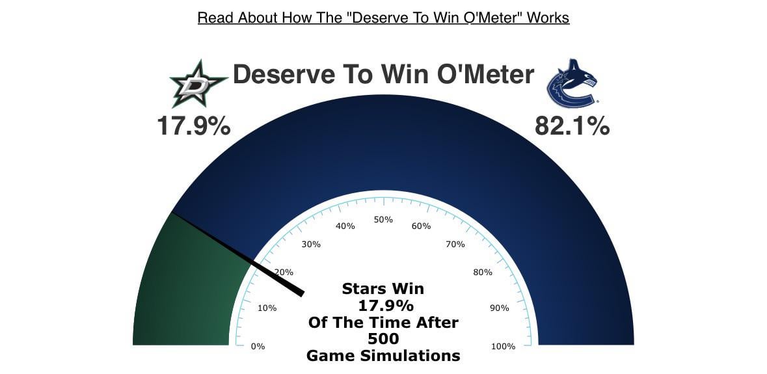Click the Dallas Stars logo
(198, 84)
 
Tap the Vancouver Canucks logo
(572, 84)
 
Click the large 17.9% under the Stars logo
(194, 126)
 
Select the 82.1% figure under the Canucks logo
(572, 126)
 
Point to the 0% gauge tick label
(258, 346)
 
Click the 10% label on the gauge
(267, 308)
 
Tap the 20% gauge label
(284, 272)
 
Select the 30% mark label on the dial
(311, 244)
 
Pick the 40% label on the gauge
(345, 226)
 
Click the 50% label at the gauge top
(383, 219)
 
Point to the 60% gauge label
(422, 226)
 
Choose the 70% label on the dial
(455, 244)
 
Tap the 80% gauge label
(483, 272)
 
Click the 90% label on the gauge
(500, 308)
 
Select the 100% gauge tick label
(503, 346)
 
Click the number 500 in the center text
(383, 338)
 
